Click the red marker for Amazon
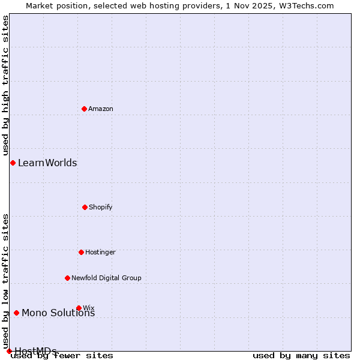pyautogui.click(x=84, y=109)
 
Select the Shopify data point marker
pyautogui.click(x=85, y=207)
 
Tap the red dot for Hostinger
pyautogui.click(x=81, y=252)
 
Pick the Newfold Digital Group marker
pyautogui.click(x=67, y=278)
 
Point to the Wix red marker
pyautogui.click(x=79, y=308)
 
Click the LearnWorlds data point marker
pyautogui.click(x=13, y=163)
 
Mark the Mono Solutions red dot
pyautogui.click(x=16, y=313)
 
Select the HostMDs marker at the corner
pyautogui.click(x=9, y=351)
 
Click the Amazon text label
pyautogui.click(x=101, y=109)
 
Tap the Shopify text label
pyautogui.click(x=101, y=207)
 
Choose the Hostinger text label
pyautogui.click(x=100, y=252)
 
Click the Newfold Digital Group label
pyautogui.click(x=106, y=278)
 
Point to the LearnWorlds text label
pyautogui.click(x=47, y=163)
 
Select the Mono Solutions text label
pyautogui.click(x=58, y=313)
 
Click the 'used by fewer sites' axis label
pyautogui.click(x=62, y=355)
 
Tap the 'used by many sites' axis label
pyautogui.click(x=301, y=355)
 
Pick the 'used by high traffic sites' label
pyautogui.click(x=5, y=85)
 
